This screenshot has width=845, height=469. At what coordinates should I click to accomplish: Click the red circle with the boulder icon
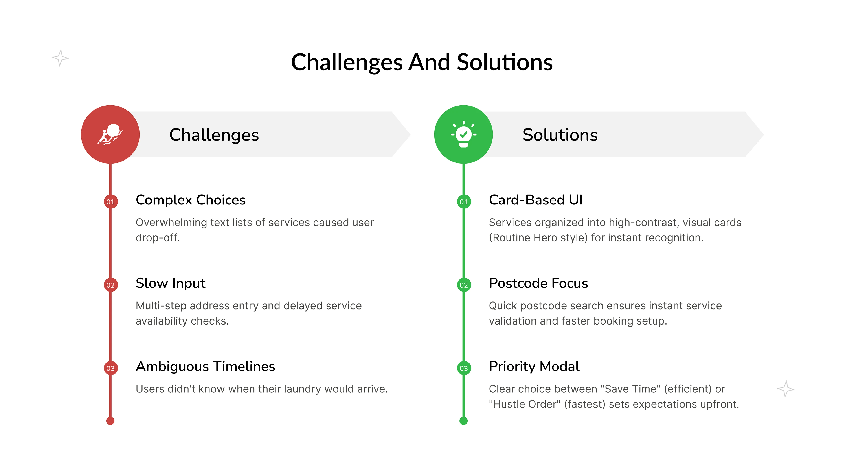(110, 134)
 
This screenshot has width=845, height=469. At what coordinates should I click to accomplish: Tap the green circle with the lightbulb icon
(463, 134)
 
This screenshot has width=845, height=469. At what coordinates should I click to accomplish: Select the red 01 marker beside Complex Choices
(110, 202)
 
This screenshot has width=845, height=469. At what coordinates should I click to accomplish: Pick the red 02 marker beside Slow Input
(110, 285)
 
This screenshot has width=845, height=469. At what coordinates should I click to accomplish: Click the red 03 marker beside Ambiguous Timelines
(110, 368)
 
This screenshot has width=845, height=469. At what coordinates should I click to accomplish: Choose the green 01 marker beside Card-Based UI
(463, 202)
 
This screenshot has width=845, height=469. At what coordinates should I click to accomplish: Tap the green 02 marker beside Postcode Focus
(463, 285)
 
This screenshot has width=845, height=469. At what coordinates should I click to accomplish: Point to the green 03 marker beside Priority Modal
(463, 368)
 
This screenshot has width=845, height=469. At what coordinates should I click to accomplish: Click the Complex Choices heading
(191, 200)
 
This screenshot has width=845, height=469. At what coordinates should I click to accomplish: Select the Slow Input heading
(171, 283)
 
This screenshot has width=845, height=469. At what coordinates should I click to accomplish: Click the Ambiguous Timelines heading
(205, 366)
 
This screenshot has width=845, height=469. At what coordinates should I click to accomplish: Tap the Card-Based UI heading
(536, 200)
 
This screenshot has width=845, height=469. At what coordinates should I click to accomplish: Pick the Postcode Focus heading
(538, 283)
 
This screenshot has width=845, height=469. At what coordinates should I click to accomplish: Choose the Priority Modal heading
(534, 366)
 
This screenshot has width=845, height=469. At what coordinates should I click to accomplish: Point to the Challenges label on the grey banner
(214, 135)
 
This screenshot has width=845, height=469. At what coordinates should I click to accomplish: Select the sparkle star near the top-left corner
(60, 58)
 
